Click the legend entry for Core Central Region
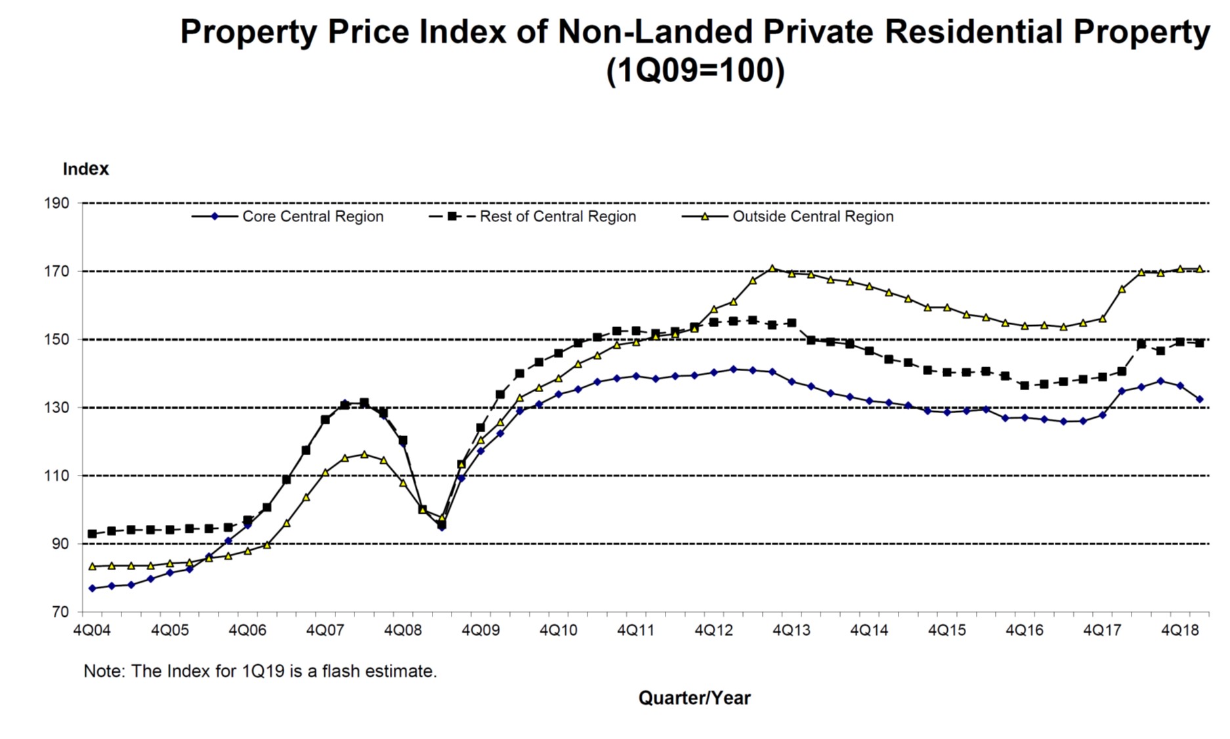pyautogui.click(x=312, y=217)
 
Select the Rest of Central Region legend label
pyautogui.click(x=557, y=217)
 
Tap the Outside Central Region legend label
pyautogui.click(x=813, y=217)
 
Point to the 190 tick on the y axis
pyautogui.click(x=57, y=203)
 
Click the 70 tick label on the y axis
pyautogui.click(x=60, y=612)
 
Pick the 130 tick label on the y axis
pyautogui.click(x=57, y=408)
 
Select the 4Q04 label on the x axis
pyautogui.click(x=92, y=631)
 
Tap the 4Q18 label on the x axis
pyautogui.click(x=1179, y=631)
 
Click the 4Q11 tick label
pyautogui.click(x=635, y=631)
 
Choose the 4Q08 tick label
pyautogui.click(x=402, y=631)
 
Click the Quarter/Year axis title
pyautogui.click(x=694, y=698)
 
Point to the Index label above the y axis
pyautogui.click(x=85, y=169)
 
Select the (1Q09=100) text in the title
pyautogui.click(x=695, y=71)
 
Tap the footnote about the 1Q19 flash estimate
pyautogui.click(x=260, y=671)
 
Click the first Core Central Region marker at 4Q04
pyautogui.click(x=92, y=589)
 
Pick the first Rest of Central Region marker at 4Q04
pyautogui.click(x=92, y=534)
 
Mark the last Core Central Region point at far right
pyautogui.click(x=1199, y=399)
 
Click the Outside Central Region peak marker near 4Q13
pyautogui.click(x=772, y=268)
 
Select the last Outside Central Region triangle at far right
pyautogui.click(x=1199, y=269)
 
